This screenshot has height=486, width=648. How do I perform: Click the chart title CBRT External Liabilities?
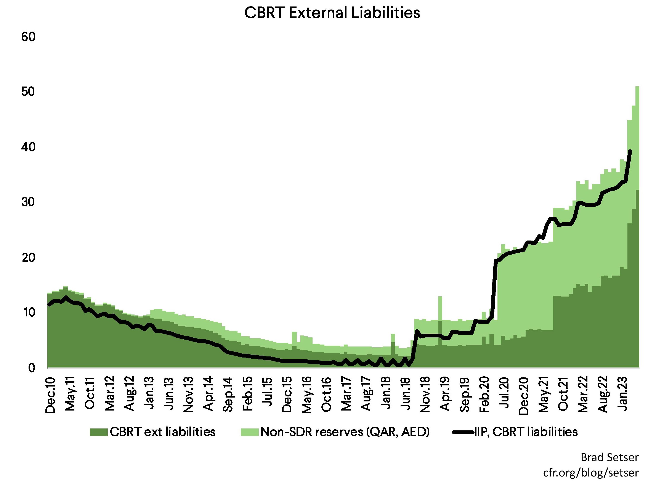(x=332, y=13)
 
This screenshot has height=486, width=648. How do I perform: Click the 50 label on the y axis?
(x=28, y=92)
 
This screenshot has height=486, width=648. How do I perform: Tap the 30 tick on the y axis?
(x=28, y=202)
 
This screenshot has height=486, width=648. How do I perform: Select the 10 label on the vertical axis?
(x=28, y=313)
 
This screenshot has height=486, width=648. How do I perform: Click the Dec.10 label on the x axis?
(x=50, y=395)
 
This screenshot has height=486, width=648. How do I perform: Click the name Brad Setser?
(x=609, y=458)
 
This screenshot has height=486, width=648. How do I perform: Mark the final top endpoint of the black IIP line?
(x=630, y=151)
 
